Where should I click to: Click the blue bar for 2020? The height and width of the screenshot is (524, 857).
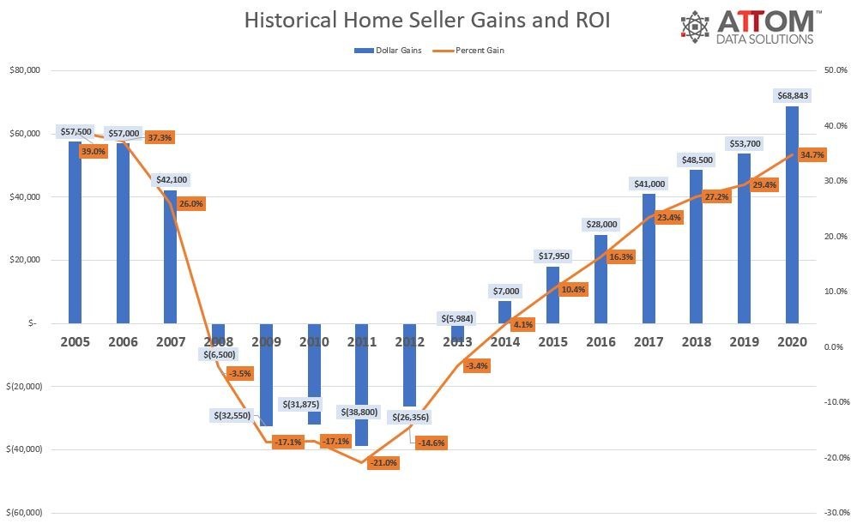(x=793, y=214)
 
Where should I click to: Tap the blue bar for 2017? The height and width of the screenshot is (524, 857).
(x=649, y=257)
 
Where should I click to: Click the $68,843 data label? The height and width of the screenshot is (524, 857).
(x=793, y=95)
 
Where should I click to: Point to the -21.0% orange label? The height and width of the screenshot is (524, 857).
(x=383, y=462)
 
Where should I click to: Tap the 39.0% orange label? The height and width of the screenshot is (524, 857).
(x=93, y=151)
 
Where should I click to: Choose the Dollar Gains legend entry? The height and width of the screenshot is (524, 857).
(x=388, y=51)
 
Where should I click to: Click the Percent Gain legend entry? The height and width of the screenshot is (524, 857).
(x=474, y=51)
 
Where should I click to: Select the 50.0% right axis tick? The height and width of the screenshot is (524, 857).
(x=835, y=71)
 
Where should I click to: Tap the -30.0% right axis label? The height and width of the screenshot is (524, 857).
(x=833, y=512)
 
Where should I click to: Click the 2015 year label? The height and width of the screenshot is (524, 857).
(x=552, y=341)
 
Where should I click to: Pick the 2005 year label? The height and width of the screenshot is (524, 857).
(x=75, y=341)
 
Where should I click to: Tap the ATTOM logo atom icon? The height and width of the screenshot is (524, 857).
(x=696, y=27)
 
